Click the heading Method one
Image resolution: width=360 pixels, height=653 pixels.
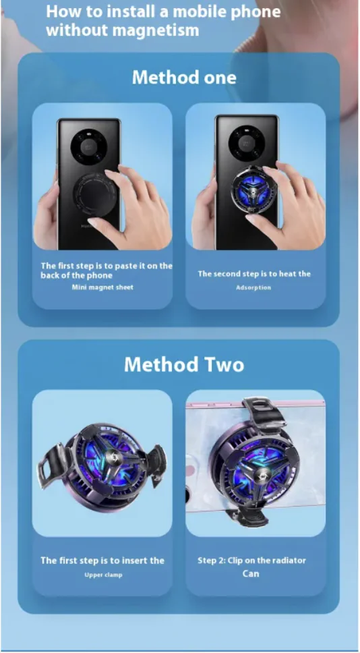tap(184, 78)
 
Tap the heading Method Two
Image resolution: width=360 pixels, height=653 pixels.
tap(184, 364)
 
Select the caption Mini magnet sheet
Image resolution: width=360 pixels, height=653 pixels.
tap(102, 287)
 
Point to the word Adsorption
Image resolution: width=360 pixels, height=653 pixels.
tap(253, 287)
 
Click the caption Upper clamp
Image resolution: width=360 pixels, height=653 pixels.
tap(103, 575)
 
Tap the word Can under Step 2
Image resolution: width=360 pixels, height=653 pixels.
tap(251, 573)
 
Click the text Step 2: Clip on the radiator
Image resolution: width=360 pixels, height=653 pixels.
tap(251, 561)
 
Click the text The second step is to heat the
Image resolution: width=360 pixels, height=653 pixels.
tap(254, 274)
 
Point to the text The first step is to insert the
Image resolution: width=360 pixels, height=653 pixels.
tap(102, 561)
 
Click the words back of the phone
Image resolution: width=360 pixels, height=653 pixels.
tap(76, 275)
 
